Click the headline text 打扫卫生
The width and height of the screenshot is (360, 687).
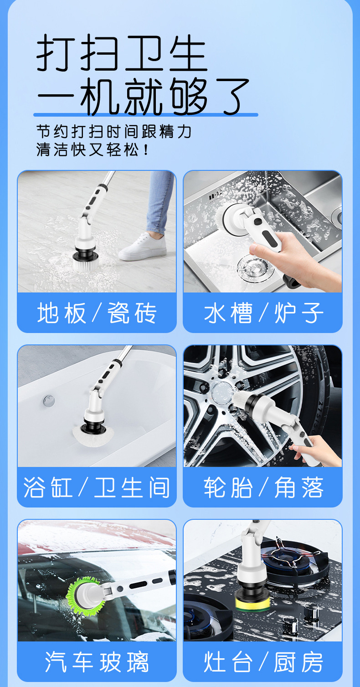pyautogui.click(x=122, y=53)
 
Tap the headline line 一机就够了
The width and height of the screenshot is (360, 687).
pyautogui.click(x=143, y=96)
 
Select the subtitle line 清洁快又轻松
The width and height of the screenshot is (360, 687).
pyautogui.click(x=92, y=150)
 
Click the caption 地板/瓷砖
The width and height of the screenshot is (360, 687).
pyautogui.click(x=97, y=313)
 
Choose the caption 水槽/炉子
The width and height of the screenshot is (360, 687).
pyautogui.click(x=263, y=313)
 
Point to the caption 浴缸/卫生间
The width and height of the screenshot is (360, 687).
pyautogui.click(x=96, y=487)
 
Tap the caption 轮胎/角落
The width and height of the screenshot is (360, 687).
pyautogui.click(x=263, y=487)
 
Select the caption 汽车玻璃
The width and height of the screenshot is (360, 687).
pyautogui.click(x=97, y=662)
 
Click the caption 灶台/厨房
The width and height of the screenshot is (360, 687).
pyautogui.click(x=263, y=662)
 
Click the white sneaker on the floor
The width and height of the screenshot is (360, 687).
pyautogui.click(x=143, y=247)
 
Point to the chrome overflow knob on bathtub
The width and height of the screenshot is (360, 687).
pyautogui.click(x=49, y=400)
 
